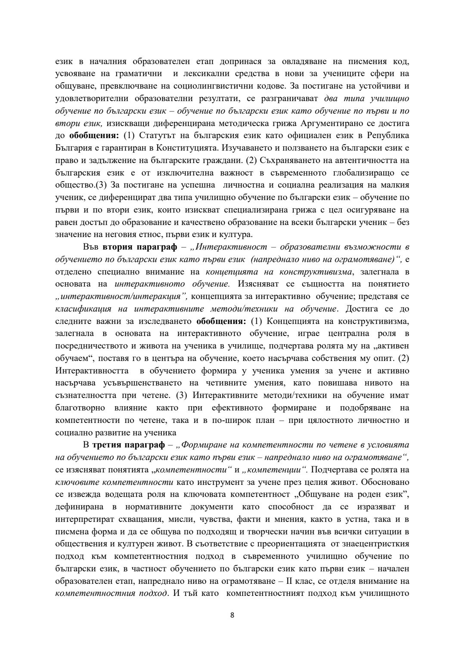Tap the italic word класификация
(x=84, y=309)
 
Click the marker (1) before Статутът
(x=129, y=136)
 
